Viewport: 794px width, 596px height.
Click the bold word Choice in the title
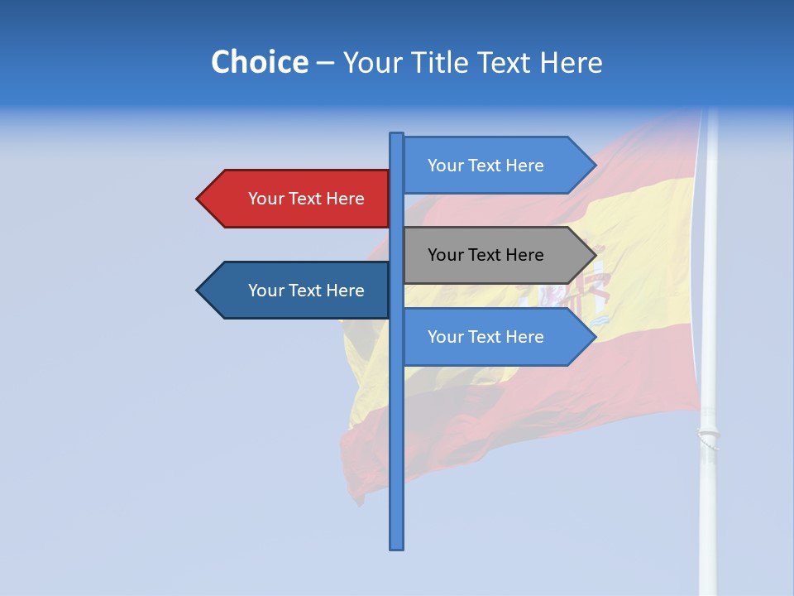(259, 62)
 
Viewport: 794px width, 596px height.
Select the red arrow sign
(298, 199)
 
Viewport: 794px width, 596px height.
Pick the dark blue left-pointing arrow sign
(298, 291)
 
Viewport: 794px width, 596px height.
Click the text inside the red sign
(306, 199)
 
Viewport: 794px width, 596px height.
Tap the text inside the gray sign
(485, 255)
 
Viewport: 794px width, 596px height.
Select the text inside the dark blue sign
(306, 291)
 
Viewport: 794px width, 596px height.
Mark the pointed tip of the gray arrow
(595, 255)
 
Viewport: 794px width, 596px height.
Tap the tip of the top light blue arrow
(595, 166)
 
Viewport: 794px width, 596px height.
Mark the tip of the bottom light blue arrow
(595, 337)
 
